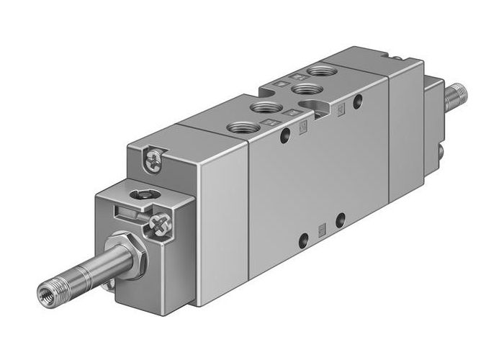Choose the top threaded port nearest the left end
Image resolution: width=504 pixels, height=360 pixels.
pos(241,129)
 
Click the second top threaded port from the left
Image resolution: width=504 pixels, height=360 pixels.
pos(264,109)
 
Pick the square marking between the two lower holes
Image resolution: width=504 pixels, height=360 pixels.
pos(321,230)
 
